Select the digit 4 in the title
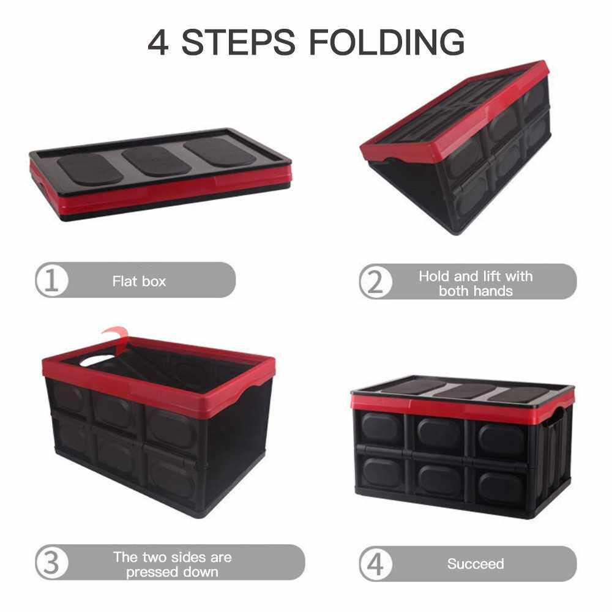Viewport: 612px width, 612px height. point(158,42)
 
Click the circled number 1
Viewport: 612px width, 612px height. point(51,280)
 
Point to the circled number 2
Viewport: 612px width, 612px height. point(376,282)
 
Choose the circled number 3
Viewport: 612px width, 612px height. point(51,562)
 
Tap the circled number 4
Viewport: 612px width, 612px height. point(376,564)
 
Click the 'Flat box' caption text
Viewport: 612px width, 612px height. point(139,281)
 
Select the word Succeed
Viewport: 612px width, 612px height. point(476,564)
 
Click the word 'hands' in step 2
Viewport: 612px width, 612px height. point(492,291)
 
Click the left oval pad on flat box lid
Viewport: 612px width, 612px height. point(90,169)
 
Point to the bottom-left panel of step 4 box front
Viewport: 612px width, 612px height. point(381,472)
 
